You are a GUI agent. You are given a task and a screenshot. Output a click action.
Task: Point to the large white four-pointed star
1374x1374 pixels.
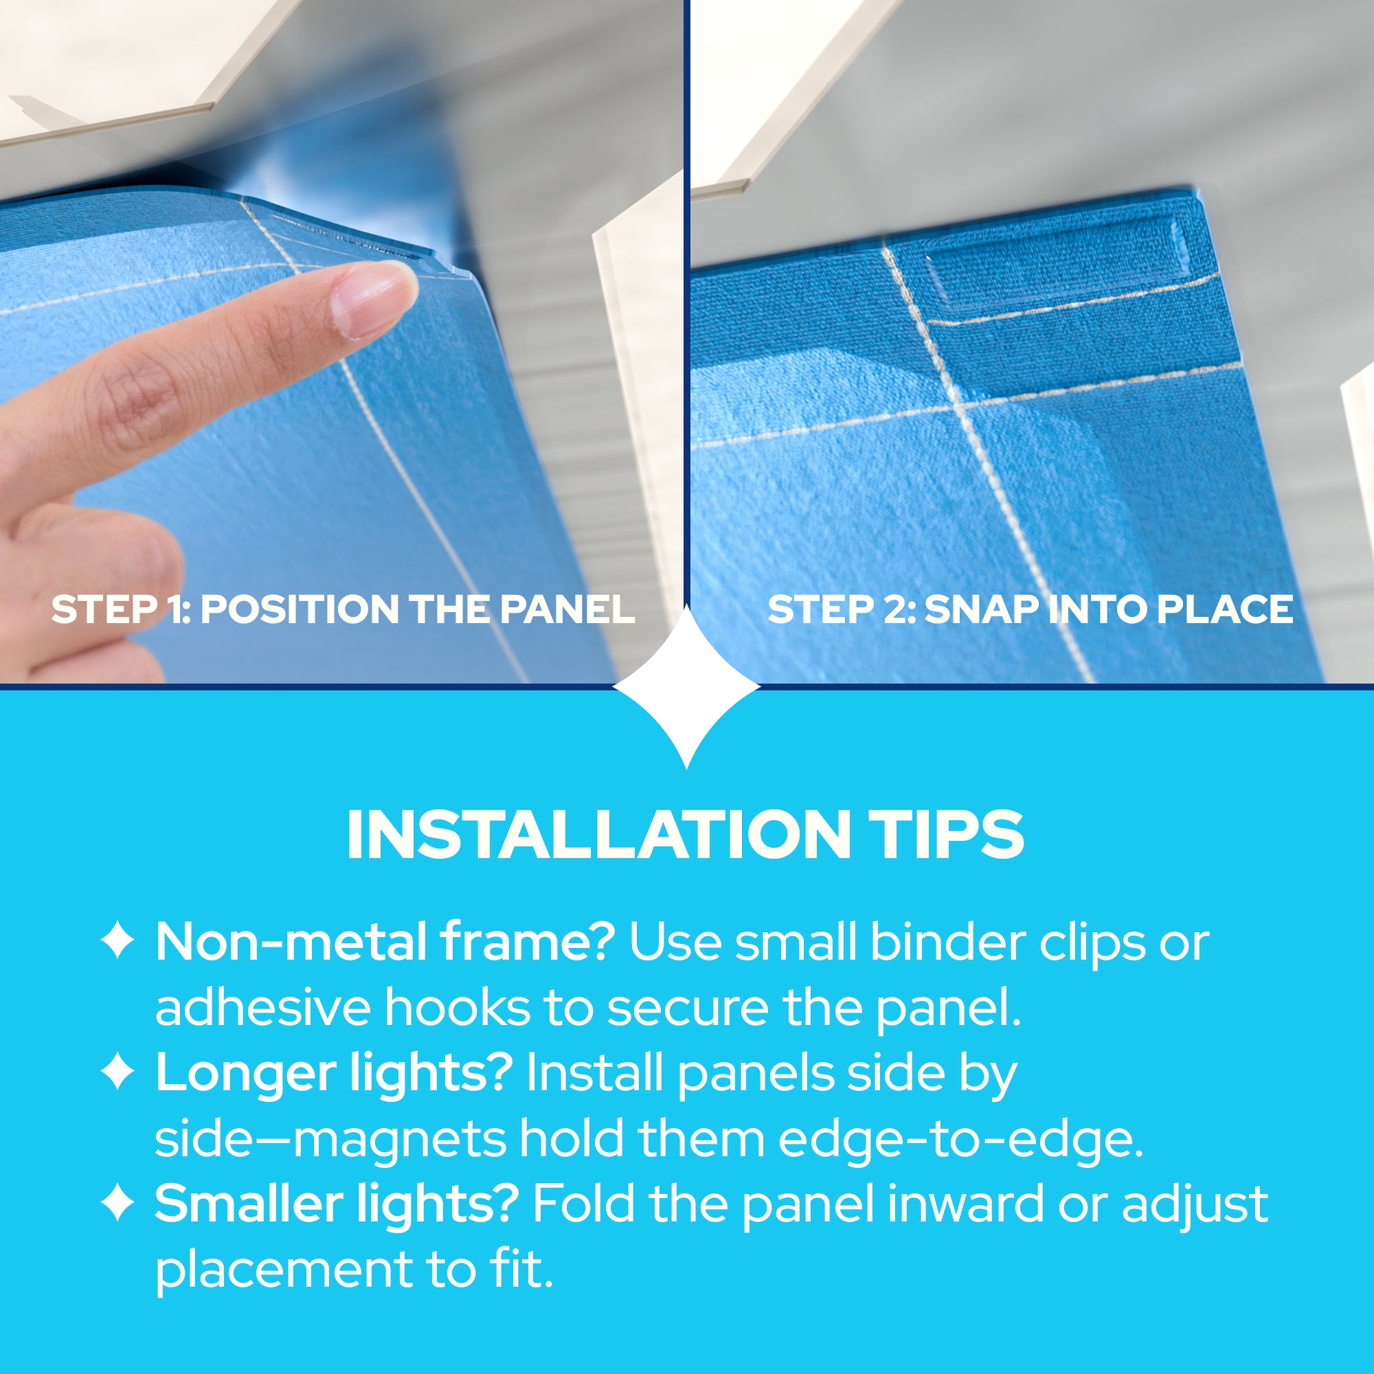coord(686,687)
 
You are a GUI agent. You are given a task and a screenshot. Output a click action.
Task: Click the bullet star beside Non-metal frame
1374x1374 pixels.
coord(117,941)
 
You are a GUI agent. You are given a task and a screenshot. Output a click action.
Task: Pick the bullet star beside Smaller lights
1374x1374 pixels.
coord(117,1204)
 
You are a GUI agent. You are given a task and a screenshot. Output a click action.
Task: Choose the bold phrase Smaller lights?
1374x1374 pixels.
coord(337,1204)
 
